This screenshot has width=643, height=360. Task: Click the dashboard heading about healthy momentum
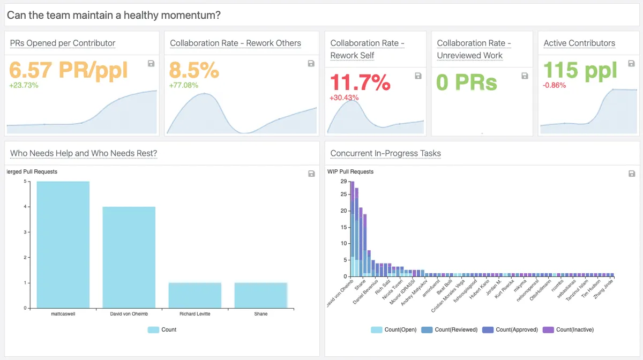pyautogui.click(x=114, y=15)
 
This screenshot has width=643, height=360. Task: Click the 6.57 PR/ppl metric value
pyautogui.click(x=69, y=70)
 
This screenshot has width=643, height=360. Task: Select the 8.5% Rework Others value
pyautogui.click(x=194, y=70)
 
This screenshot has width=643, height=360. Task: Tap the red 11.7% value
pyautogui.click(x=360, y=82)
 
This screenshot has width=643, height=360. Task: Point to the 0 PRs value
pyautogui.click(x=467, y=82)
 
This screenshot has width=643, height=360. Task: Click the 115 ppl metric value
pyautogui.click(x=580, y=70)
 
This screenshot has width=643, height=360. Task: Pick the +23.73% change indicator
pyautogui.click(x=24, y=85)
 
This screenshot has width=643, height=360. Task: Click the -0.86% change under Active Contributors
pyautogui.click(x=555, y=85)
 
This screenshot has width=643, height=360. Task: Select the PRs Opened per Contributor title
pyautogui.click(x=63, y=43)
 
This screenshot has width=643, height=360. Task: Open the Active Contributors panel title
pyautogui.click(x=579, y=43)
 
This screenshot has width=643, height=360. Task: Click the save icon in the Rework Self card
pyautogui.click(x=418, y=76)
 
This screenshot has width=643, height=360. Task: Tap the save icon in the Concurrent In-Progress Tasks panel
pyautogui.click(x=632, y=174)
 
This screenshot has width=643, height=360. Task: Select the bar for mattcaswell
pyautogui.click(x=63, y=245)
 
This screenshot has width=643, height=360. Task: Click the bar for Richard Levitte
pyautogui.click(x=195, y=295)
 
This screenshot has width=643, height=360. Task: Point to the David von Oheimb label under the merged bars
pyautogui.click(x=129, y=314)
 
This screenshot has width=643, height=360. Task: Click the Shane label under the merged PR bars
pyautogui.click(x=260, y=314)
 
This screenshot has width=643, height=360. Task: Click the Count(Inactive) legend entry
pyautogui.click(x=568, y=329)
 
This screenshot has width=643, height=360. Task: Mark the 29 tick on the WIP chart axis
pyautogui.click(x=344, y=182)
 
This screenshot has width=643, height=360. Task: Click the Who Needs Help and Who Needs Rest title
pyautogui.click(x=84, y=154)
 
